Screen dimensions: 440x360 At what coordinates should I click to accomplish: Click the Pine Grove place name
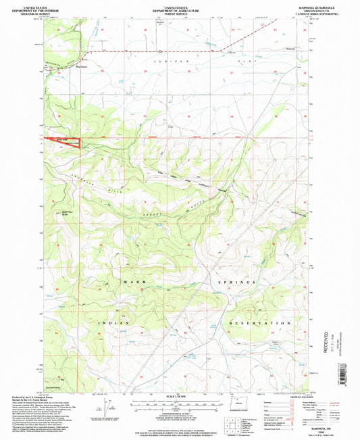point(82,66)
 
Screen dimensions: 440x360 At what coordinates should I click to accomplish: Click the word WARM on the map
point(132,280)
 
